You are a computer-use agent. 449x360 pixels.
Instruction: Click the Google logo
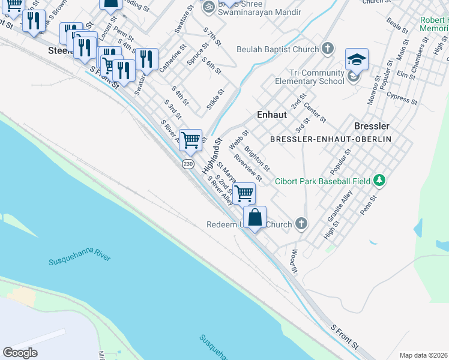click(20, 353)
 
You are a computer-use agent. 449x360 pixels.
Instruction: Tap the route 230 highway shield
click(188, 164)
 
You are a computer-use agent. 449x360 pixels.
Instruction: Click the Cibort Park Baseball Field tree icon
click(379, 180)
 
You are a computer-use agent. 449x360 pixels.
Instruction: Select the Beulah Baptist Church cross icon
click(328, 49)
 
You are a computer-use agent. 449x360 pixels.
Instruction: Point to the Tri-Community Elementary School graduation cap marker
click(357, 60)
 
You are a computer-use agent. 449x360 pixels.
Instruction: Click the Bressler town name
click(372, 126)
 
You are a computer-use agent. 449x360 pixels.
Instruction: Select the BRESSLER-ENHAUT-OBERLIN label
click(330, 139)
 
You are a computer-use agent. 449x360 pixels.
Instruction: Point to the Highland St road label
click(212, 157)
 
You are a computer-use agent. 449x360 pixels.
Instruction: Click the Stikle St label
click(215, 99)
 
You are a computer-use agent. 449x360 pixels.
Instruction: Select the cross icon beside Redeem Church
click(301, 224)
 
